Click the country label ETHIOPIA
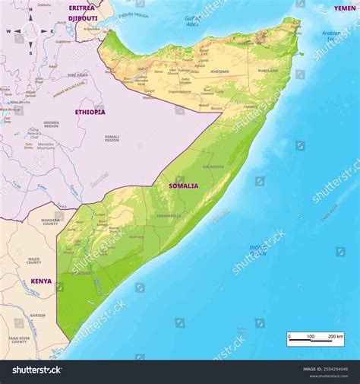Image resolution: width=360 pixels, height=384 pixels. click(x=90, y=112)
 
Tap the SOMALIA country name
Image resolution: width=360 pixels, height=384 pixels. click(x=183, y=186)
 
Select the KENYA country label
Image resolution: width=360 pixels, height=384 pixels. click(x=41, y=281)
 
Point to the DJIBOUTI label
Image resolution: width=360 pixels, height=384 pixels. click(x=83, y=17)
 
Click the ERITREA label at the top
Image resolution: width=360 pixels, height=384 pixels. click(x=81, y=8)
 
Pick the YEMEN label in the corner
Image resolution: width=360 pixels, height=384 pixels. click(x=345, y=8)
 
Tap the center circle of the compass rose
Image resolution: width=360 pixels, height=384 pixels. click(x=30, y=32)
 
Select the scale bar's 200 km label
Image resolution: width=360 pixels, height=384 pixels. click(x=335, y=335)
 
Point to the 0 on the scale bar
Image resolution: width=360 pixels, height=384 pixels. click(x=289, y=335)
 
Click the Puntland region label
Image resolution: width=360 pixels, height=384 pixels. click(x=268, y=71)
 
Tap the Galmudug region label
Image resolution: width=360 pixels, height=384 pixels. click(x=213, y=167)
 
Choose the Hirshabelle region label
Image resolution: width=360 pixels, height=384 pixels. click(x=168, y=215)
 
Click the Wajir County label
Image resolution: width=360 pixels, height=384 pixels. click(x=34, y=261)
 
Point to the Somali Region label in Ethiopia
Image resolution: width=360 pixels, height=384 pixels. click(x=112, y=138)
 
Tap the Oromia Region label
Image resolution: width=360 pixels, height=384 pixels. click(x=51, y=124)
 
